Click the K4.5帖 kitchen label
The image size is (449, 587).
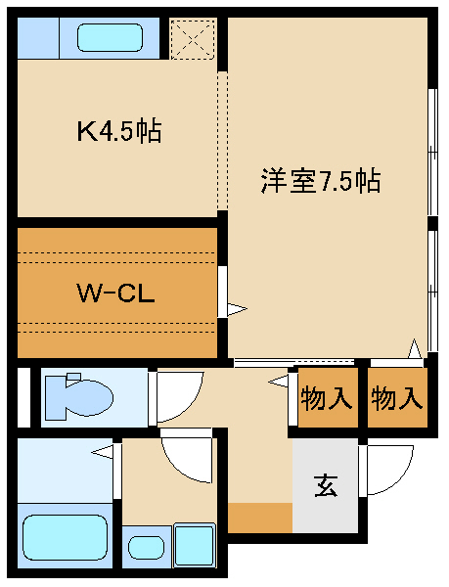pos(119,130)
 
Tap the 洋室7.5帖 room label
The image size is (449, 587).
pos(321,181)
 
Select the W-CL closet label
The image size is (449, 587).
pos(115,293)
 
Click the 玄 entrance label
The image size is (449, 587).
pos(326,485)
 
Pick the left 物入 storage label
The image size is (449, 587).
pos(327,398)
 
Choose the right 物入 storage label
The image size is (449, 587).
pos(397,398)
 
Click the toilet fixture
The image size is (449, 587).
pos(79,396)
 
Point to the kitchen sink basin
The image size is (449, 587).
pos(110,37)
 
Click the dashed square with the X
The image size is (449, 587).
pos(193,38)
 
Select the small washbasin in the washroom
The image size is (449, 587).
pos(146,547)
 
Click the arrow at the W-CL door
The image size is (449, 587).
pos(237,309)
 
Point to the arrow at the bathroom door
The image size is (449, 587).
pos(102,452)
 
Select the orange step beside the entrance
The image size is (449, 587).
pos(260,518)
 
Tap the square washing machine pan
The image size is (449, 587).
pos(195,546)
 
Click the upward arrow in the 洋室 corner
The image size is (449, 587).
pos(415,349)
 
